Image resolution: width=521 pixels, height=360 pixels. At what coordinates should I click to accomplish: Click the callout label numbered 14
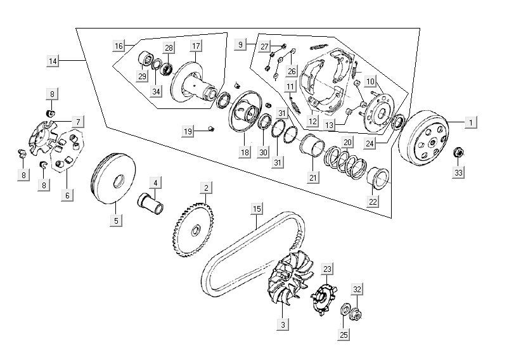click(53, 61)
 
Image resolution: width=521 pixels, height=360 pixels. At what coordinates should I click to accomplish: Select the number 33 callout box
click(458, 173)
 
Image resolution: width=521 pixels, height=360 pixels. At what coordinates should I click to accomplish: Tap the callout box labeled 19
click(188, 131)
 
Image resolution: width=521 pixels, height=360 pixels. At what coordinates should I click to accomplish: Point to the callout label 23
click(327, 269)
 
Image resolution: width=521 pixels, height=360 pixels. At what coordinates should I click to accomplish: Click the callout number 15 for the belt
click(257, 209)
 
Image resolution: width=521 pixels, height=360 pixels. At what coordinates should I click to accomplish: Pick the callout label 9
click(240, 44)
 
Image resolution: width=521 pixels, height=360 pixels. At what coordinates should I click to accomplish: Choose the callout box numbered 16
click(119, 46)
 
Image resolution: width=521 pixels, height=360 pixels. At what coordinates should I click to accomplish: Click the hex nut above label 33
click(458, 153)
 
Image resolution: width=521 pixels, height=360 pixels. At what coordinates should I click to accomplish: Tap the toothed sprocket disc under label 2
click(193, 230)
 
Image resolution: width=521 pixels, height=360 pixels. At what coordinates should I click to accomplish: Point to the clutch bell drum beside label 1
click(423, 138)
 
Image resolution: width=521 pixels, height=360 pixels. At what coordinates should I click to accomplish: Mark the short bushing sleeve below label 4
click(150, 202)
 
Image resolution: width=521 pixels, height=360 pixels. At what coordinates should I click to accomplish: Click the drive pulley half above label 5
click(113, 178)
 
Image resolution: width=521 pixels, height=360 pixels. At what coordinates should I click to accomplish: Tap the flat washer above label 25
click(345, 309)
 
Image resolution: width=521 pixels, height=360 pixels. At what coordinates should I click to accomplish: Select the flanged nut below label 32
click(355, 314)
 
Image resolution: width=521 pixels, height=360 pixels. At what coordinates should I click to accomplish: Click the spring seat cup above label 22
click(378, 178)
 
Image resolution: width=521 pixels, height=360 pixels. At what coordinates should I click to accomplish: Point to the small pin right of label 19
click(210, 129)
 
